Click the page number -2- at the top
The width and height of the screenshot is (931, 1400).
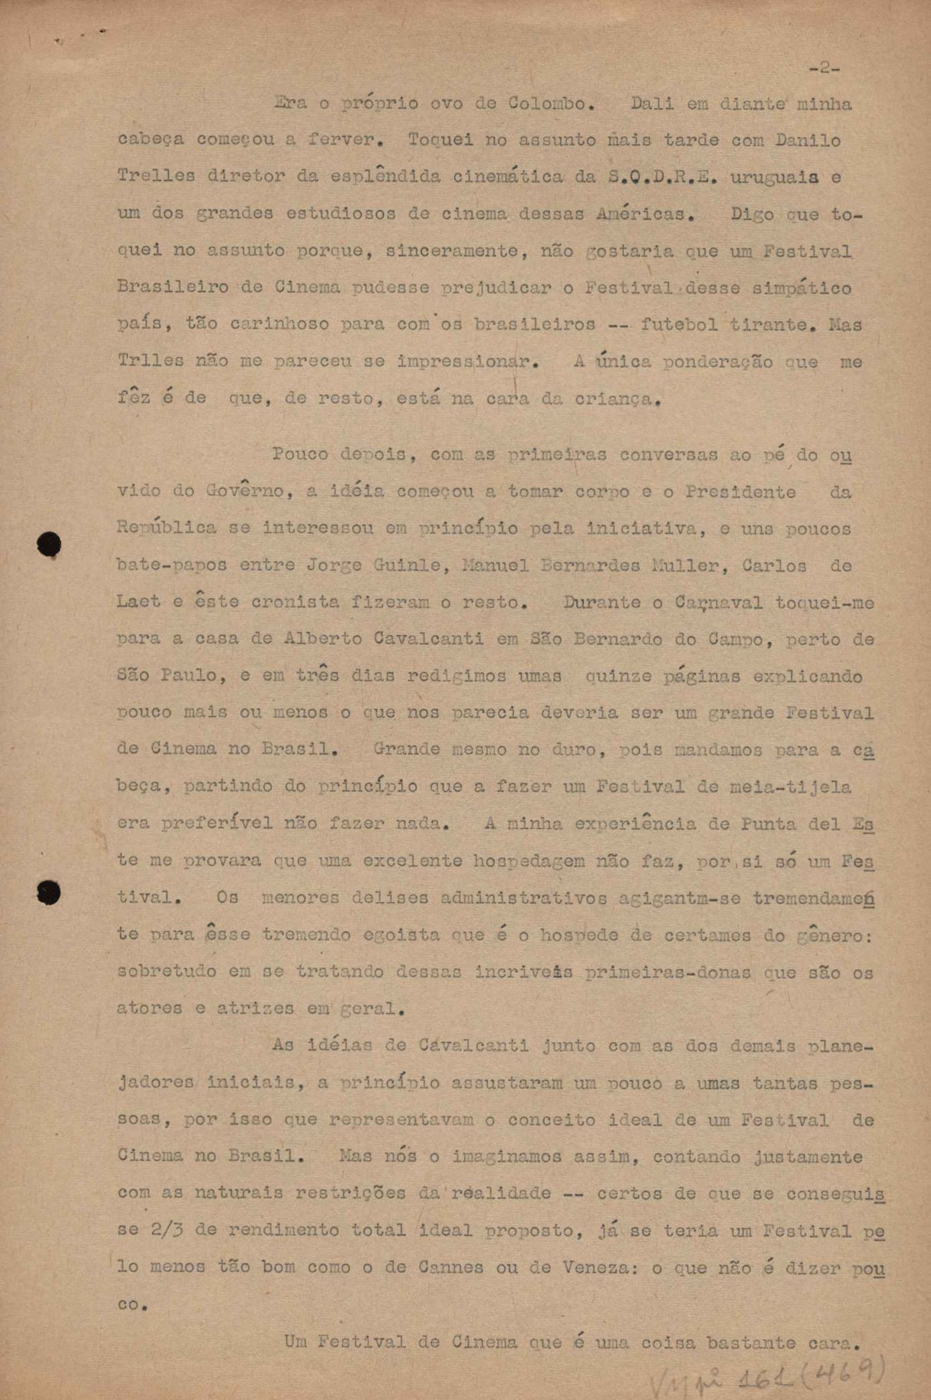click(824, 68)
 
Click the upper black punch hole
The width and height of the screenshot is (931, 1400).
click(49, 544)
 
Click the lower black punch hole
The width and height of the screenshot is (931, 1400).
click(48, 892)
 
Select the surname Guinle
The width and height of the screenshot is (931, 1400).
click(407, 565)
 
